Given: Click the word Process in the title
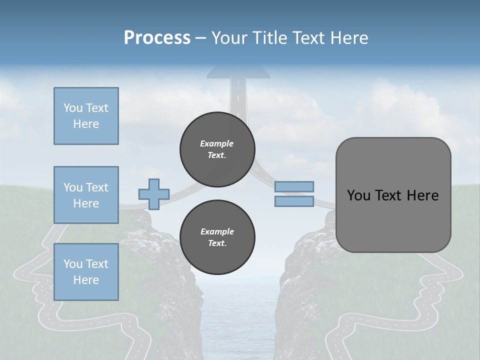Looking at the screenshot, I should click(x=157, y=38).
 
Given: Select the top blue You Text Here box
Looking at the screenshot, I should click(x=86, y=116).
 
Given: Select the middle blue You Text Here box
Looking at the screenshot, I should click(x=86, y=195).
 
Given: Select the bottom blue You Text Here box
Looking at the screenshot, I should click(x=86, y=272).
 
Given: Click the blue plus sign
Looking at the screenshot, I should click(x=154, y=194).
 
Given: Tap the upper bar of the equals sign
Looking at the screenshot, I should click(x=294, y=186).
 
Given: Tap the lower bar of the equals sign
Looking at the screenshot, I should click(x=294, y=201).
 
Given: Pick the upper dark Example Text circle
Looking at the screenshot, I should click(x=217, y=149).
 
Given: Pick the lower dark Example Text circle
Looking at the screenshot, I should click(x=217, y=237).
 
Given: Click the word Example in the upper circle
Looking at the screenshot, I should click(x=216, y=143).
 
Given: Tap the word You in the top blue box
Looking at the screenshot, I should click(x=72, y=108).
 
